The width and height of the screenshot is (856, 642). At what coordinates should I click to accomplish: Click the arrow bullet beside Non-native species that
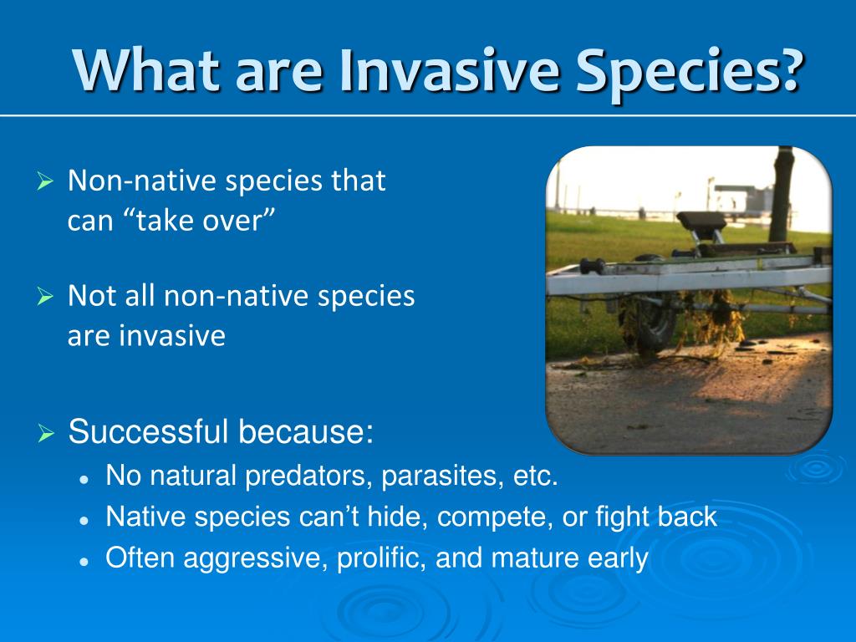tap(45, 181)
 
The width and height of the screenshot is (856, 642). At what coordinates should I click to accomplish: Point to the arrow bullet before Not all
tap(45, 296)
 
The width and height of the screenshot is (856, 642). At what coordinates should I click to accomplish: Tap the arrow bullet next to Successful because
tap(47, 434)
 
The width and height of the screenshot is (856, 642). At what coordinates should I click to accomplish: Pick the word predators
tap(309, 476)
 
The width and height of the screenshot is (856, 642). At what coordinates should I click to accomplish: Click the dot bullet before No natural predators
tap(84, 479)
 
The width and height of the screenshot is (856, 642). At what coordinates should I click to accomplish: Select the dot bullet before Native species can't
tap(84, 521)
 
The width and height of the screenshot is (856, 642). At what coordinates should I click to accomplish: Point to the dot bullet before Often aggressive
tap(84, 561)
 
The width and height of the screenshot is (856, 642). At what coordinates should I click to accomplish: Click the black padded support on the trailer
tap(701, 221)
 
